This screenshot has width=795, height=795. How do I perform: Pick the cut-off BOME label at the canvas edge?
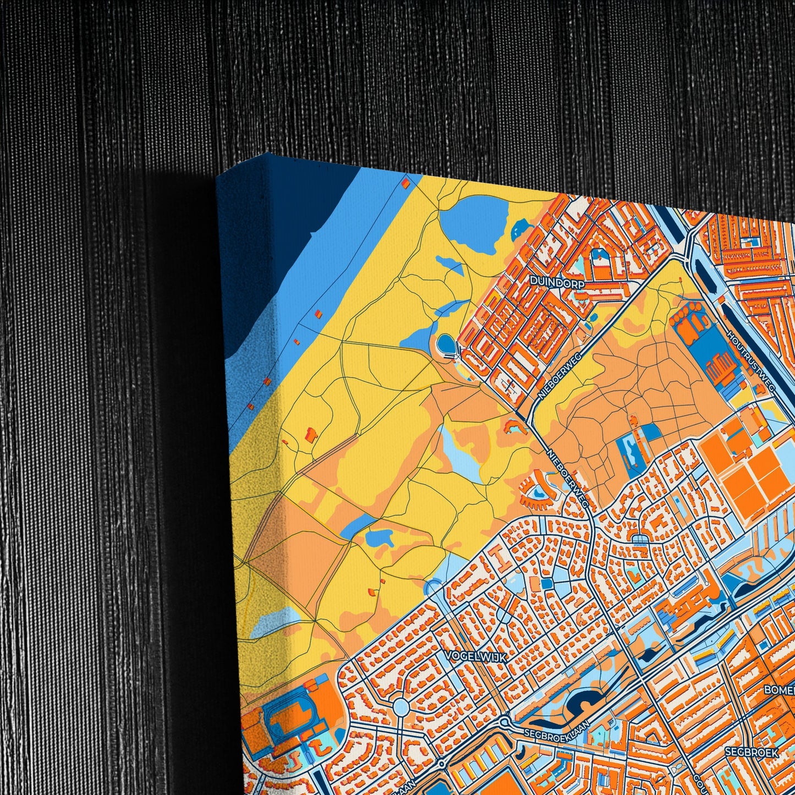click(780, 690)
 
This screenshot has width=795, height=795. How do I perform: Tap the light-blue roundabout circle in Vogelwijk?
click(401, 706)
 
